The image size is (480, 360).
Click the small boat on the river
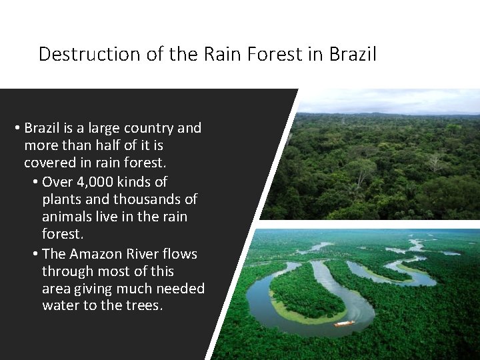344,323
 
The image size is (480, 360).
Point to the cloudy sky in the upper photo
387,100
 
